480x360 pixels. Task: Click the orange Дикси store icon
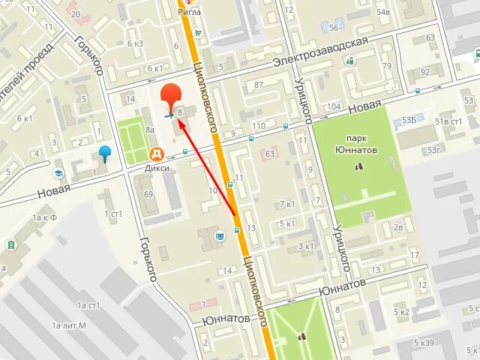(157, 154)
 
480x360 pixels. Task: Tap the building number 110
(259, 124)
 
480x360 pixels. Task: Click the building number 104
(334, 106)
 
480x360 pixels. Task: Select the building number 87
(259, 84)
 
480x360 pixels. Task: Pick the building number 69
(148, 195)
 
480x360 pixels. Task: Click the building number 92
(425, 71)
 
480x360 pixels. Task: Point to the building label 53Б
(409, 120)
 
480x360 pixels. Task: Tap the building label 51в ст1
(451, 121)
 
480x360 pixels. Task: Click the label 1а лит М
(69, 325)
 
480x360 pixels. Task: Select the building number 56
(334, 28)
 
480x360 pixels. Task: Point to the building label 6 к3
(136, 43)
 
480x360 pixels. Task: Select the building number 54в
(383, 12)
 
